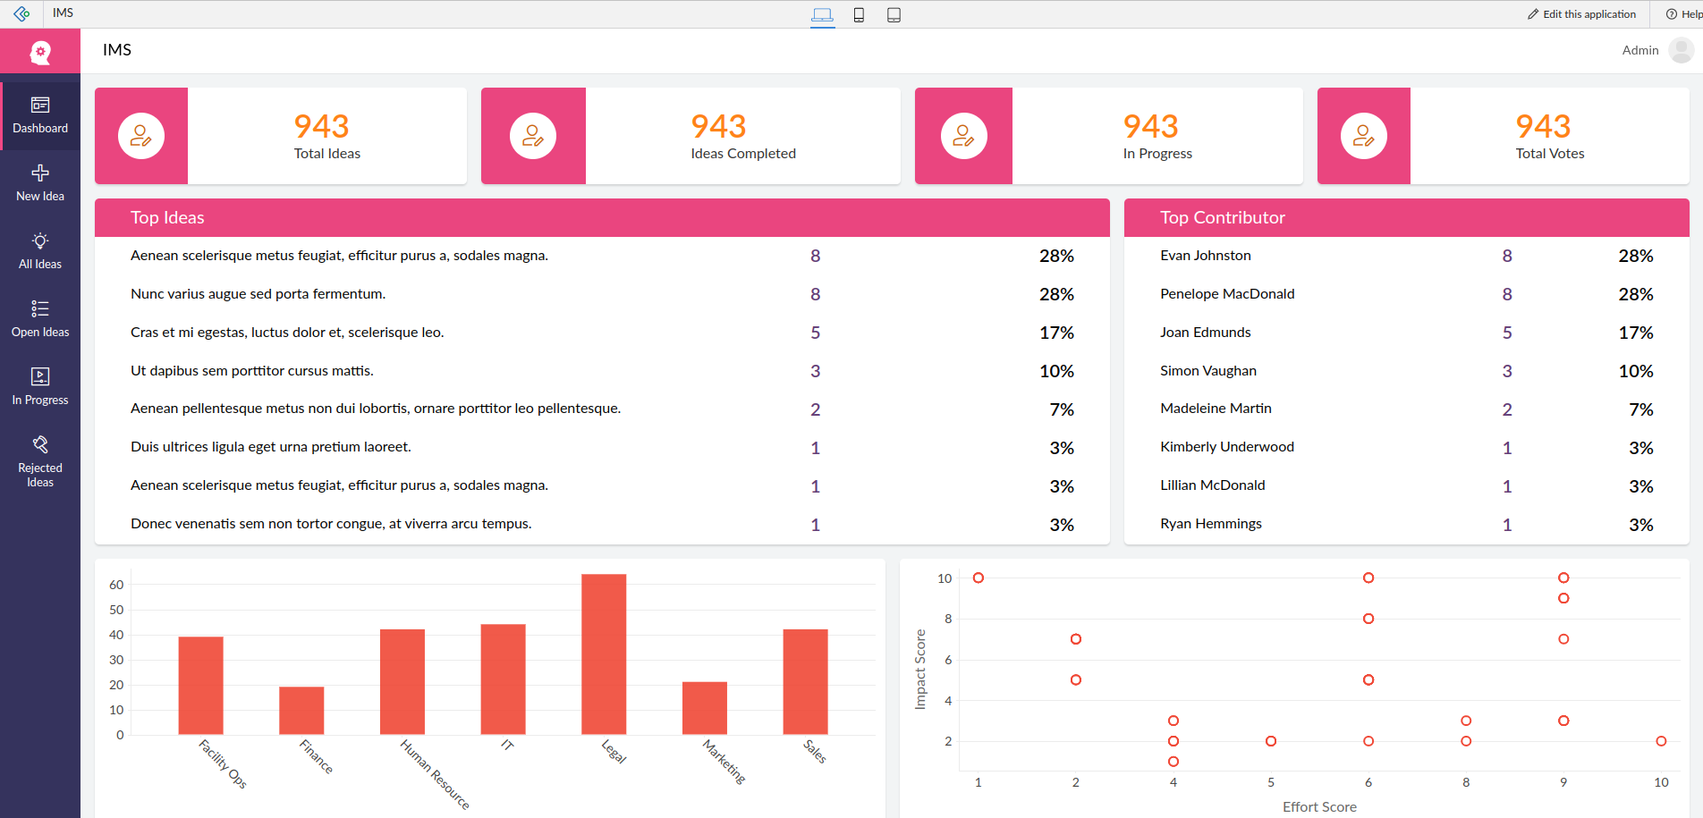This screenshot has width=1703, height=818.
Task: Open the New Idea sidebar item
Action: coord(40,182)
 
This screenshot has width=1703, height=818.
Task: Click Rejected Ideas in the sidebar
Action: coord(40,461)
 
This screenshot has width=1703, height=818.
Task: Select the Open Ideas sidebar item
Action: coord(40,318)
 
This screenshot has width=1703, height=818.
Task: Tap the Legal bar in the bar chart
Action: coord(604,654)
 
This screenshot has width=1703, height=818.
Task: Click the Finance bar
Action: coord(301,711)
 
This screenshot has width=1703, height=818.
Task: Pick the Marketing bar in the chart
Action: coord(705,708)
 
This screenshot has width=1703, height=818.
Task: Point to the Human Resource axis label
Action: coord(435,774)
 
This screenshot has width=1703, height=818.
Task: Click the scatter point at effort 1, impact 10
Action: coord(979,578)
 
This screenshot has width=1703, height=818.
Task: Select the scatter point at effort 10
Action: coord(1661,741)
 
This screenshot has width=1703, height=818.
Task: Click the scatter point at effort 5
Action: coord(1271,741)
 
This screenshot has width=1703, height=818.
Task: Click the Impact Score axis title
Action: coord(920,670)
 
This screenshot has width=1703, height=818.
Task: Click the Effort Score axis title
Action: coord(1319,806)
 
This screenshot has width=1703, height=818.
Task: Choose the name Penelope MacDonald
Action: coord(1227,294)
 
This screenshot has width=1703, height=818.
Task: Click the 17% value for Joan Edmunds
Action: coord(1635,333)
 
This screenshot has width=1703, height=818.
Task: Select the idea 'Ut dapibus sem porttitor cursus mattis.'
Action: coord(252,371)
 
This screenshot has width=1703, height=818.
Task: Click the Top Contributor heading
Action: coord(1222,218)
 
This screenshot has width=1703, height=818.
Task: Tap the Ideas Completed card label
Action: coord(743,154)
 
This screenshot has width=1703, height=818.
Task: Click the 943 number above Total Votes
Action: coord(1543,126)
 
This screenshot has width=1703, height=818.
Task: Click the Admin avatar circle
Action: coord(1681,50)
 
